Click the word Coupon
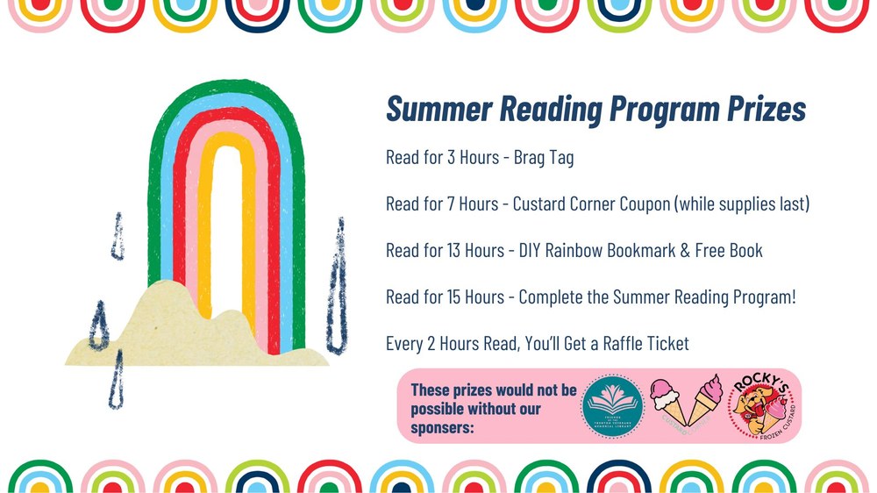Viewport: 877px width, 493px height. pos(639,204)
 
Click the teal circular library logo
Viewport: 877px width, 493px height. pos(613,406)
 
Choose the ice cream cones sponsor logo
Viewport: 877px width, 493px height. pos(687,405)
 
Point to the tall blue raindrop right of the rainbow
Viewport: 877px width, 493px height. pos(335,276)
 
